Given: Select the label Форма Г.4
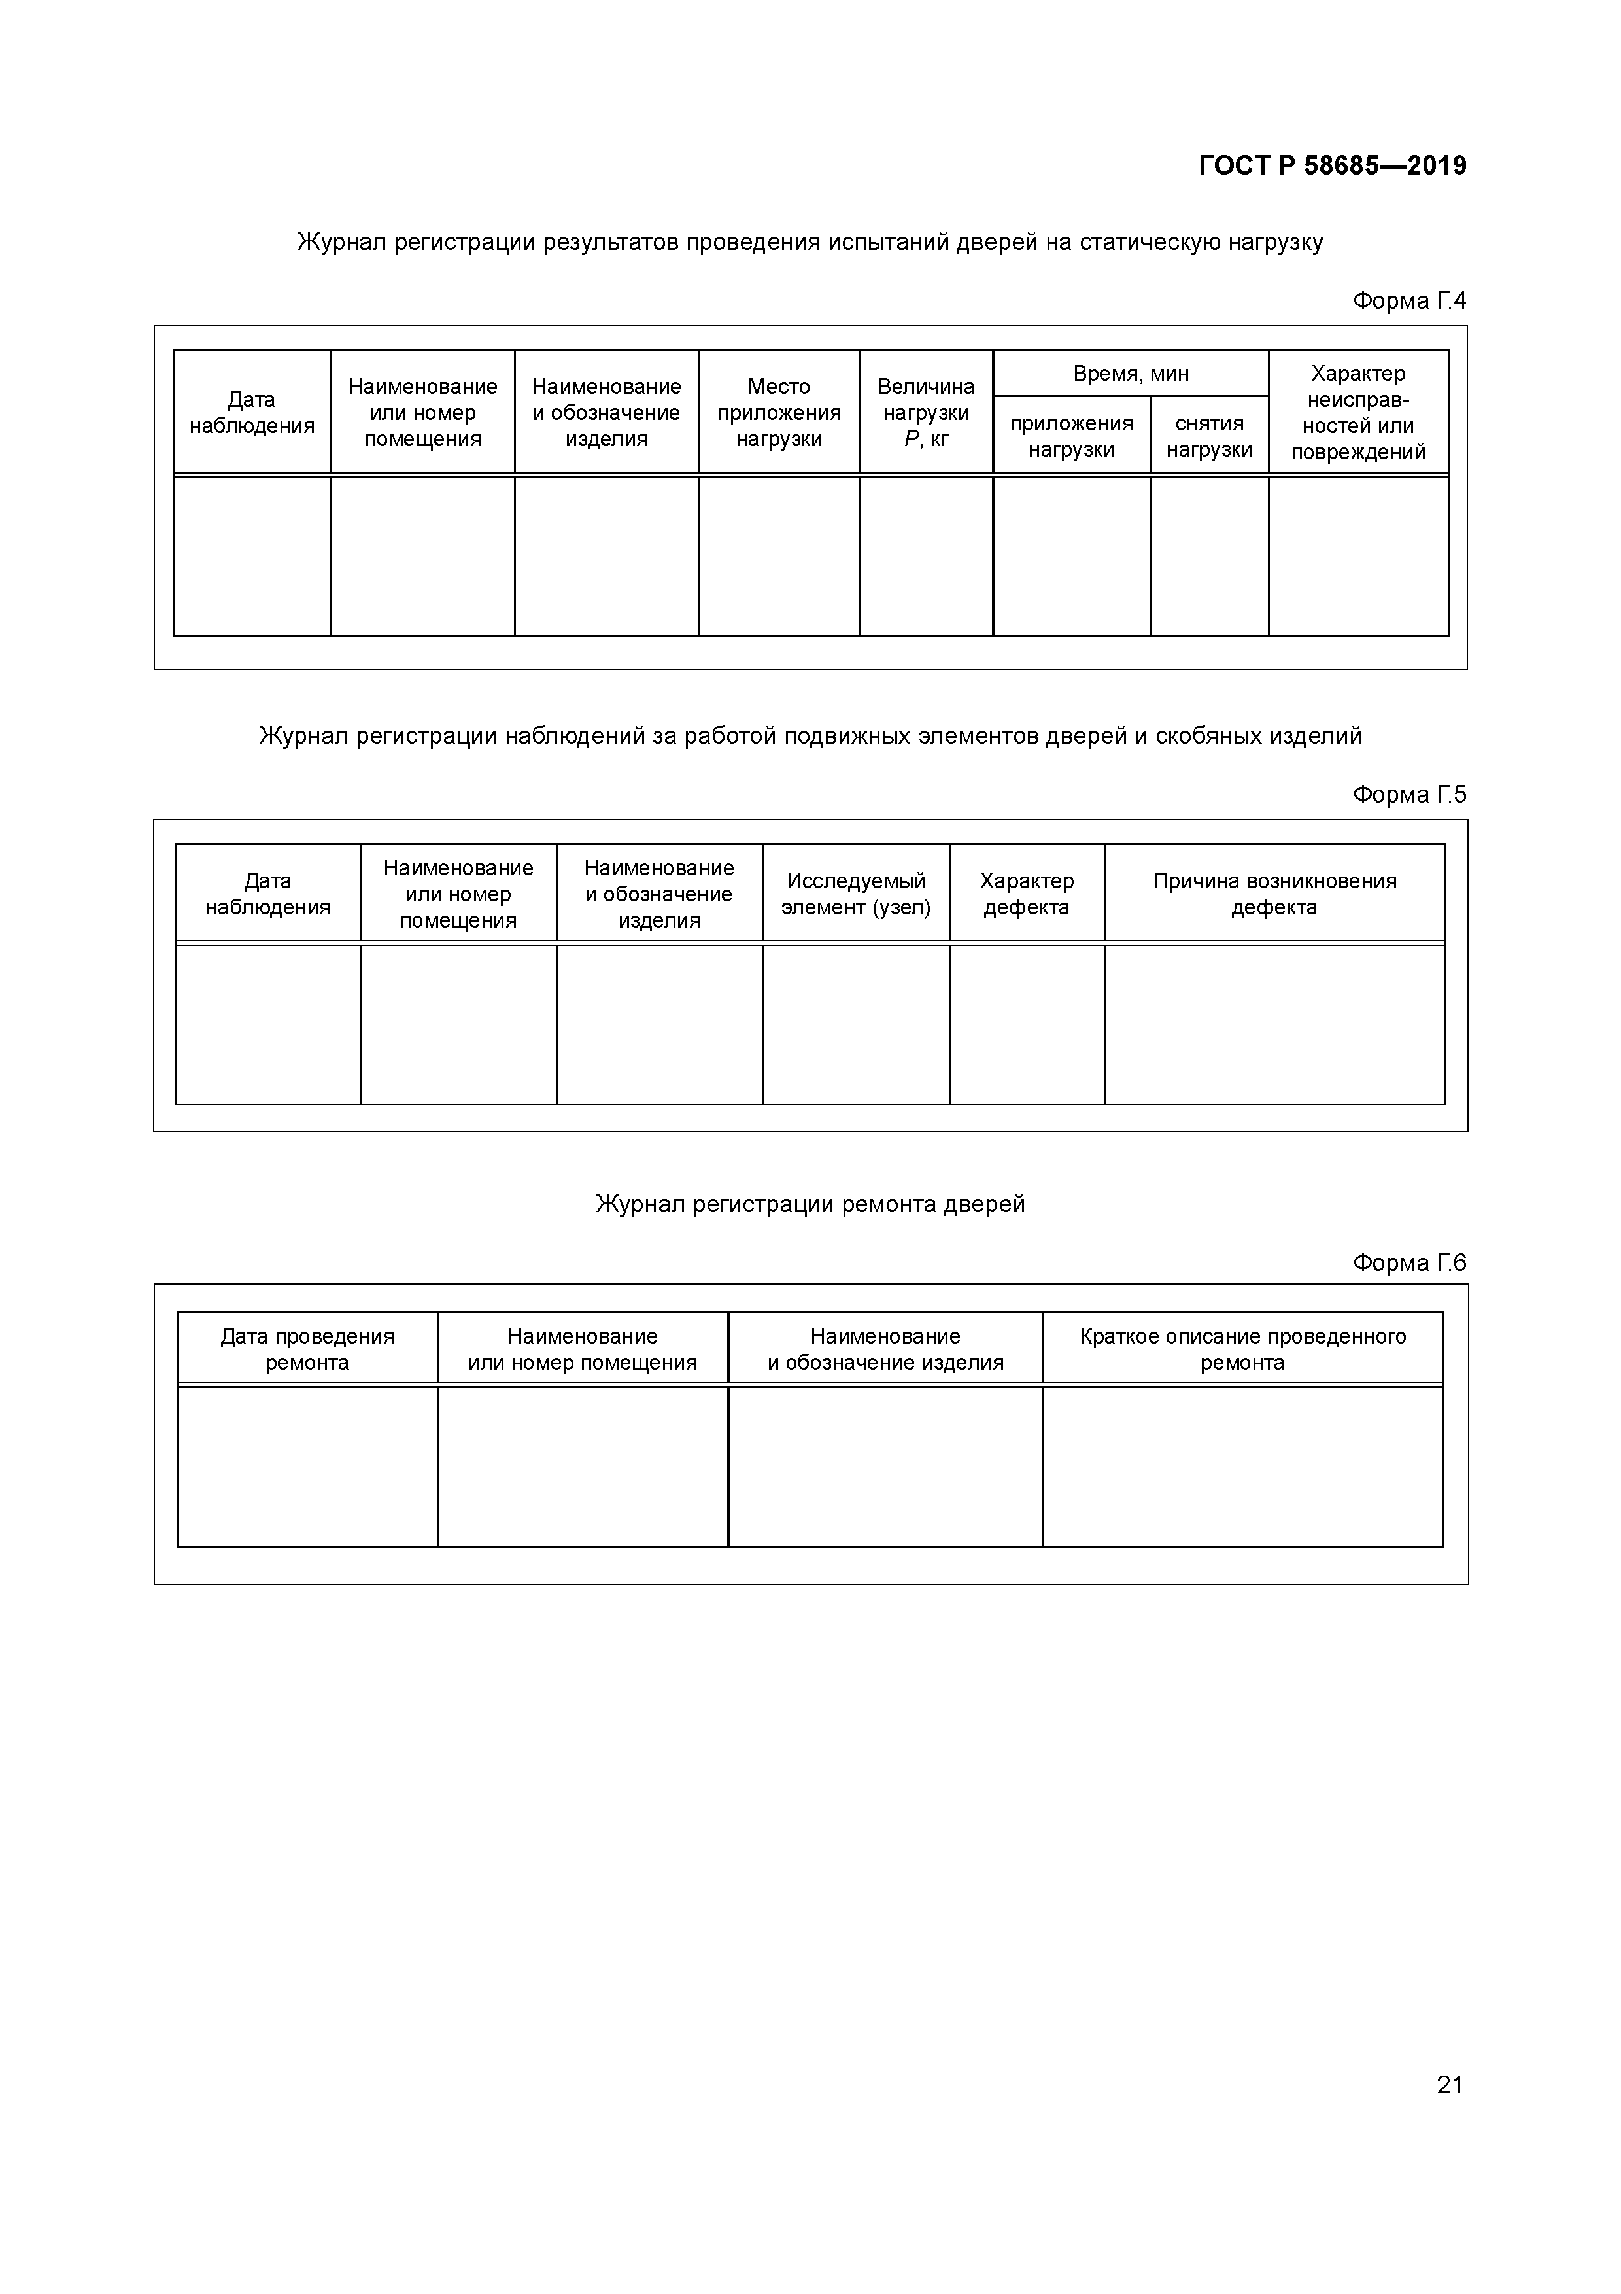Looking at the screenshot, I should point(1409,301).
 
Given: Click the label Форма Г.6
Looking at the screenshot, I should point(1409,1263).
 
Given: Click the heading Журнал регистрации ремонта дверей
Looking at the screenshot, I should point(810,1204).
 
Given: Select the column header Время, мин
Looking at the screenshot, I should point(1131,374).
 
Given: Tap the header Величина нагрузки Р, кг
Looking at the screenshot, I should point(926,413).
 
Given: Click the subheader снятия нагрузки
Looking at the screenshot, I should point(1208,436).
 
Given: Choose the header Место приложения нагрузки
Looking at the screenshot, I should point(779,413).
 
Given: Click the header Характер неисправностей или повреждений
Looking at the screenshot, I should point(1358,413).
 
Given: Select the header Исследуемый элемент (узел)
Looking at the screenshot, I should point(856,894).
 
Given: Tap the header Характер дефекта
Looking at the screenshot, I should point(1027,894).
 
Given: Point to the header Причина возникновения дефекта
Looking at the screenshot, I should point(1274,894).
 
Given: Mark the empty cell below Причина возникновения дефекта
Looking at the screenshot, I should point(1274,1024).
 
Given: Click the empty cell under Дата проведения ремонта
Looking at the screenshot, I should point(307,1467).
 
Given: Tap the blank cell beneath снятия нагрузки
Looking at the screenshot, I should point(1208,557).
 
